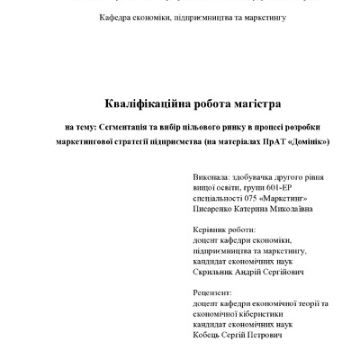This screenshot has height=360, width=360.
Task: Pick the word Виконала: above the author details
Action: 211,177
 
